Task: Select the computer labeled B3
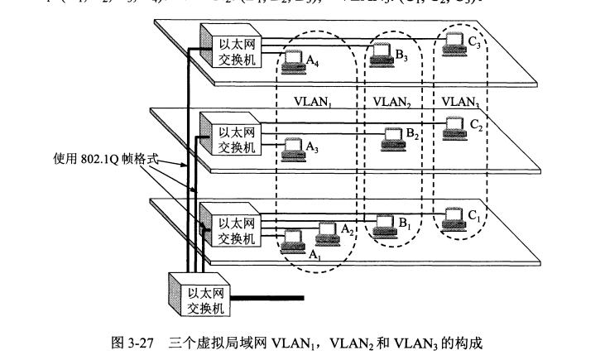click(x=381, y=51)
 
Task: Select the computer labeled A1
click(x=293, y=242)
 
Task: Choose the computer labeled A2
click(x=327, y=233)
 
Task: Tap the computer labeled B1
click(x=385, y=223)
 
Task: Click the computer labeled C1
click(x=451, y=216)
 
